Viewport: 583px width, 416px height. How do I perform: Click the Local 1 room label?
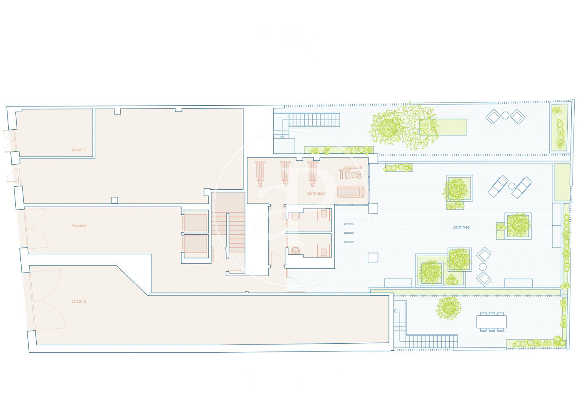tap(79, 150)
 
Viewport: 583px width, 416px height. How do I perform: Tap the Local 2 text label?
tap(79, 301)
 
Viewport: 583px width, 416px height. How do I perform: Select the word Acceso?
tap(79, 225)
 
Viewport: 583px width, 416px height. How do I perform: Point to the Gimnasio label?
tap(316, 193)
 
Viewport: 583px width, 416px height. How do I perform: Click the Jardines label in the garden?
tap(461, 227)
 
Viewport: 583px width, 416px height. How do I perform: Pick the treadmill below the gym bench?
tap(350, 192)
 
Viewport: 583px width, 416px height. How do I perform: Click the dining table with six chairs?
tap(492, 322)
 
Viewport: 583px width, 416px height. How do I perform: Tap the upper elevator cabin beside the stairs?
tap(195, 223)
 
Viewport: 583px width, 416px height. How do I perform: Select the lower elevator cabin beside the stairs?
tap(195, 244)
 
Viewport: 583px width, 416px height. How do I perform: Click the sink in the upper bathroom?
tap(295, 216)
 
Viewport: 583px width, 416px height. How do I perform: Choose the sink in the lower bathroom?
tap(295, 251)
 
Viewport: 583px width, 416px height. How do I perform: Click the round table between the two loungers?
tap(512, 186)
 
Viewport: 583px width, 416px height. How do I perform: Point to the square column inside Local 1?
tap(115, 200)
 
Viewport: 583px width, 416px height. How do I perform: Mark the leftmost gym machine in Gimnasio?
tap(260, 174)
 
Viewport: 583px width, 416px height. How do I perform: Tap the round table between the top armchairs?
tap(505, 116)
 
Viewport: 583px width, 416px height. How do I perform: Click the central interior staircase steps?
tap(228, 233)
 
